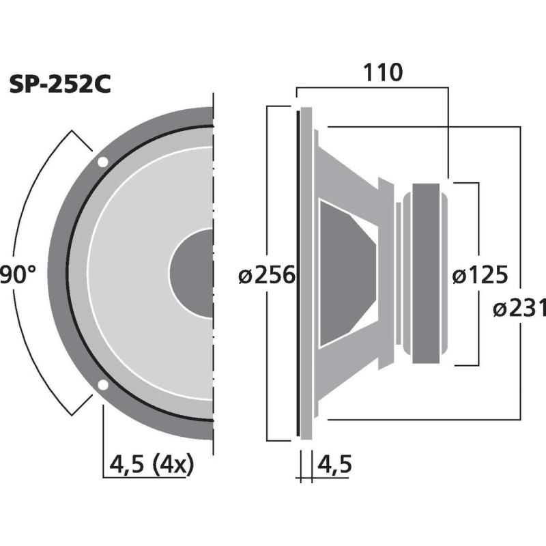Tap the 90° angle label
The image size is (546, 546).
[x=18, y=275]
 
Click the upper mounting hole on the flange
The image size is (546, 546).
[x=102, y=162]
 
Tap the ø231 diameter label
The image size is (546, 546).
[x=518, y=308]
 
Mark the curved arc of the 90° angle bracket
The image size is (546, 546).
[x=34, y=205]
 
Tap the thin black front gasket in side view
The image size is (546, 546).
[x=298, y=273]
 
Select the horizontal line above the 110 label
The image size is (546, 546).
[x=372, y=87]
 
